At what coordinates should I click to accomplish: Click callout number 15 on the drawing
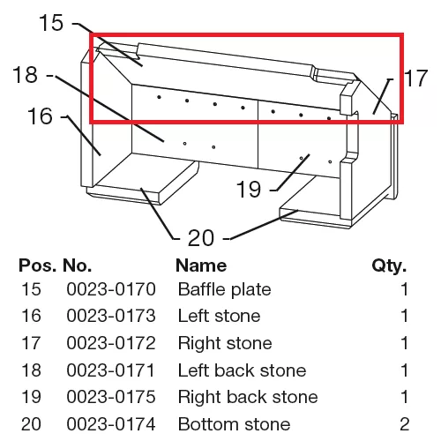51,23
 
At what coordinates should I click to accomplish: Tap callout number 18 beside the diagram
26,74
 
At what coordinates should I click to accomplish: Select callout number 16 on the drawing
40,116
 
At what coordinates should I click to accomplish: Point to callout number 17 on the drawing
415,78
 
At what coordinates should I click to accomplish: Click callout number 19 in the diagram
249,189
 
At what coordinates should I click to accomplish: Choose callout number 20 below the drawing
201,237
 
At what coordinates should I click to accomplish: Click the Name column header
201,265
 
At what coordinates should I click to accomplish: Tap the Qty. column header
389,266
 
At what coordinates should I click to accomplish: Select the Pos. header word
37,265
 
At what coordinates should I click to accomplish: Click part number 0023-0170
111,289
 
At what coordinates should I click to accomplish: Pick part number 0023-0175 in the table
111,397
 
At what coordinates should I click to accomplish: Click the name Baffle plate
225,289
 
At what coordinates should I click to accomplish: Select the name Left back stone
243,370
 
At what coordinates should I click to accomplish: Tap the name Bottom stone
235,424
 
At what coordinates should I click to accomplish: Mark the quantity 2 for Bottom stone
404,424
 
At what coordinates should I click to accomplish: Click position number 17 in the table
31,343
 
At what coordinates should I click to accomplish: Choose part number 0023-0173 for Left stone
111,316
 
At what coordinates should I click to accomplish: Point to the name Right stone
225,344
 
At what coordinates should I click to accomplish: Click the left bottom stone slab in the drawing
143,178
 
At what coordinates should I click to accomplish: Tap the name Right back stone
248,397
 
